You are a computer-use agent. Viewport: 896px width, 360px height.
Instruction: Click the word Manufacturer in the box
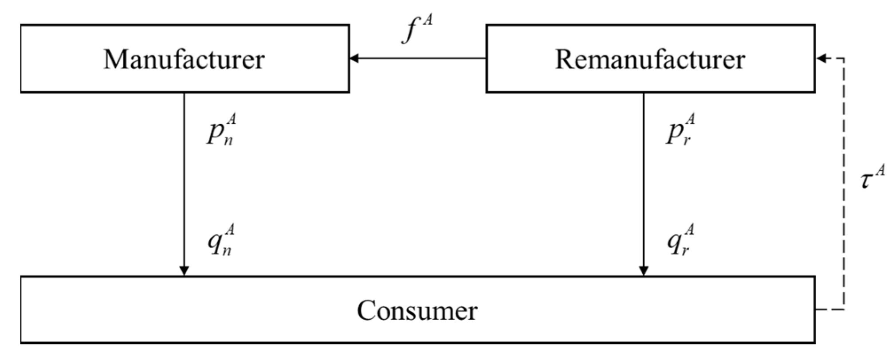184,59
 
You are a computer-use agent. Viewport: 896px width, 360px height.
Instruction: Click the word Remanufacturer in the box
650,59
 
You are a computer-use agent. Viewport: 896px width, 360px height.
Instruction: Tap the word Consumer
417,310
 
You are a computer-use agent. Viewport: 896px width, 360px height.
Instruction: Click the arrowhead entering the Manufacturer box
354,58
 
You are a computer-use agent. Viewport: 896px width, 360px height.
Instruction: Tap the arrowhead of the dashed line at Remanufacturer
820,58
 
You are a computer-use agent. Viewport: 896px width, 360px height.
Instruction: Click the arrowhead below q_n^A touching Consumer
184,270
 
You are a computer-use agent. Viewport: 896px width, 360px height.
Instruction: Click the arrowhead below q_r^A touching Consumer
644,270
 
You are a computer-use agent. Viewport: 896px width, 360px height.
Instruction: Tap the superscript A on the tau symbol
880,170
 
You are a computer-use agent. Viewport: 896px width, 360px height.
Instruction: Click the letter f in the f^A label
409,34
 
